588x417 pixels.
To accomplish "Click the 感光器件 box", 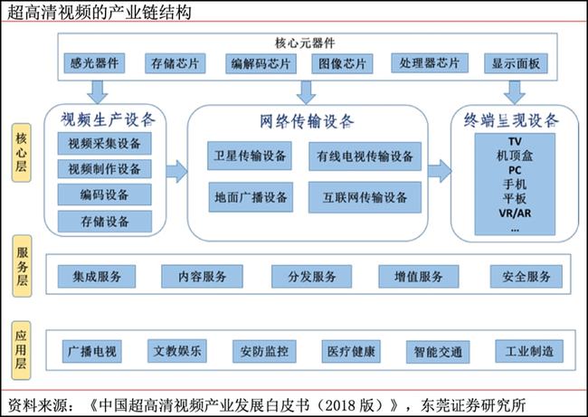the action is click(x=94, y=63).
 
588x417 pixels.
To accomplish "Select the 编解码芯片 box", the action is click(x=261, y=63).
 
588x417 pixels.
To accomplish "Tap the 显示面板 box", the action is click(x=516, y=63).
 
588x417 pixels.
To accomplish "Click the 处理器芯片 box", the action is click(x=430, y=62).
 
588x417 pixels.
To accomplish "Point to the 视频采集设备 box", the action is click(x=105, y=143).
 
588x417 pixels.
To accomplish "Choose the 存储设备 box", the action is click(x=105, y=222).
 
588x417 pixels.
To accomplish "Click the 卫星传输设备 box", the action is click(x=250, y=156).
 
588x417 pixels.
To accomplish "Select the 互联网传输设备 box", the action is click(x=365, y=197).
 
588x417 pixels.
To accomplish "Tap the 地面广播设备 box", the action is click(x=251, y=197).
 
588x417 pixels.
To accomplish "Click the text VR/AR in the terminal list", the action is click(x=515, y=213).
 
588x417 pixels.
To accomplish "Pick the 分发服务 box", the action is click(x=311, y=277).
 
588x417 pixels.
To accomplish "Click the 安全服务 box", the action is click(x=526, y=277).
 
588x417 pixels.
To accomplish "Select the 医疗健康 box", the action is click(x=351, y=351).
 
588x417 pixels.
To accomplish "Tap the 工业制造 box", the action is click(x=529, y=351).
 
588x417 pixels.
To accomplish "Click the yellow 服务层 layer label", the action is click(x=22, y=266).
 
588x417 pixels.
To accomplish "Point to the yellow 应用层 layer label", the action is click(x=21, y=350).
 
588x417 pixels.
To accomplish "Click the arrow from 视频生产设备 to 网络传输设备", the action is click(x=176, y=172).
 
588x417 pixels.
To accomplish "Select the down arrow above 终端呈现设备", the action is click(x=514, y=92).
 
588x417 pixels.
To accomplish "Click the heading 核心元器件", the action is click(x=305, y=43).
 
